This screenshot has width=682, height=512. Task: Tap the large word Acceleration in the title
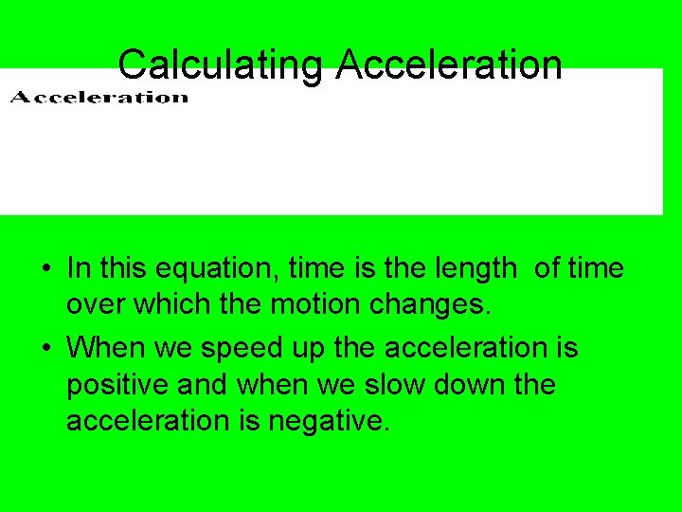tap(450, 65)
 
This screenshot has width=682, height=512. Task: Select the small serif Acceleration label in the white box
tap(99, 97)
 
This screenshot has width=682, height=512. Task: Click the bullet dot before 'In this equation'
tap(45, 270)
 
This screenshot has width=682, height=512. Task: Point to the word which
tap(161, 305)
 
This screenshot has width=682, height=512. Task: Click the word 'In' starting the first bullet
tap(78, 269)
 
